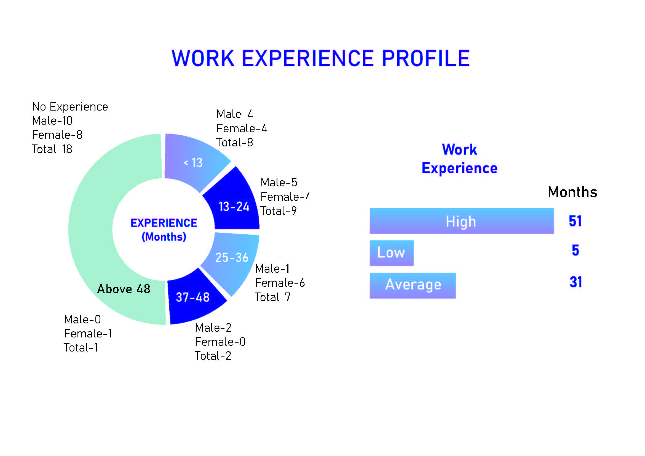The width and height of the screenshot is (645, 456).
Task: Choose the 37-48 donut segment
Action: coord(194,298)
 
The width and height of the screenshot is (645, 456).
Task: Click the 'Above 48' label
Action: coord(124,289)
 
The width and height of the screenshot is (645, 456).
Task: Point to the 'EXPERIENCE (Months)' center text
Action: coord(164,230)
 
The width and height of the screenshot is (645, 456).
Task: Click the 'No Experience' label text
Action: coord(70,107)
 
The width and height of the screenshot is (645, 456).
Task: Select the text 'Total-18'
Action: coord(52,149)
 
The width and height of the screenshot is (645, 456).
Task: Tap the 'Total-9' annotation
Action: coord(279,211)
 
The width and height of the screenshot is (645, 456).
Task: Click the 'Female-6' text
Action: coord(280,283)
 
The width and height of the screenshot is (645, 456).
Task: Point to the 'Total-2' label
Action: coord(213,356)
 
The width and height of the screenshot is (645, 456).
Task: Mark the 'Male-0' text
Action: coord(82,320)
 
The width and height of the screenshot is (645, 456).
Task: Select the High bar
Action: coord(462,221)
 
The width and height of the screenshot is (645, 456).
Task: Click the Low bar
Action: coord(391,253)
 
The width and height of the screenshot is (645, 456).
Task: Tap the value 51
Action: coord(575,221)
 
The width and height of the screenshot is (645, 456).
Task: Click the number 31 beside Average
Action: coord(576,282)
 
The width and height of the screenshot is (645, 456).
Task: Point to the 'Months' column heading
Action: coord(572,192)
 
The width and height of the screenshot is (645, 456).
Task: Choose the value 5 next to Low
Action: coord(575,250)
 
